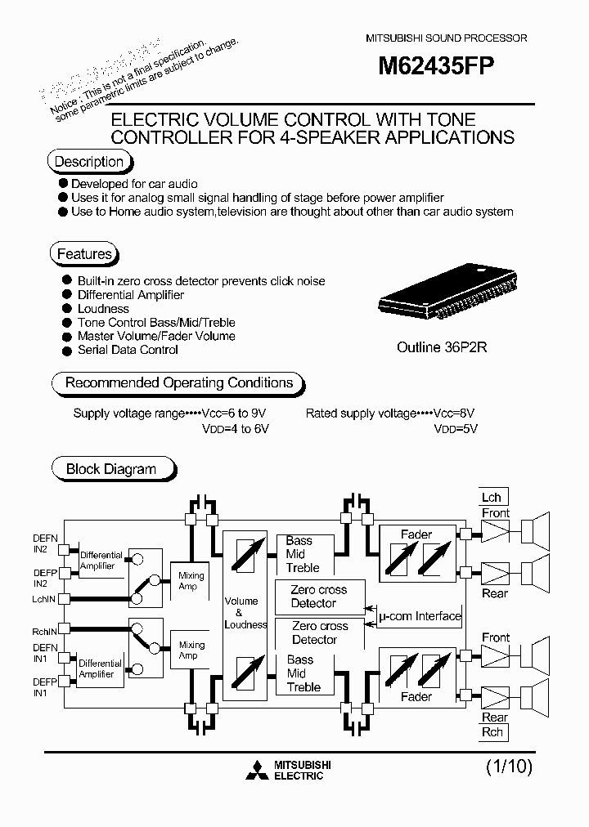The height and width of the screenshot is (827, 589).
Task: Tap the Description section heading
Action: pyautogui.click(x=88, y=162)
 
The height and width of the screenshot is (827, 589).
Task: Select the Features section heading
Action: pyautogui.click(x=83, y=254)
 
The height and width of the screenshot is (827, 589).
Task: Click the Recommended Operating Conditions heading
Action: pyautogui.click(x=178, y=382)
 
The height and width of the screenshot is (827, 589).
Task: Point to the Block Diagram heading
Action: pyautogui.click(x=110, y=469)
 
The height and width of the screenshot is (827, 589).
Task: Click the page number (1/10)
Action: pyautogui.click(x=509, y=767)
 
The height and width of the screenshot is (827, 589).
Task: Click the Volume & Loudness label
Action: pyautogui.click(x=245, y=613)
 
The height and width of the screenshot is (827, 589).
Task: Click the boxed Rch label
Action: pyautogui.click(x=493, y=732)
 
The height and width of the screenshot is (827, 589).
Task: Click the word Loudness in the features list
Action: pyautogui.click(x=103, y=309)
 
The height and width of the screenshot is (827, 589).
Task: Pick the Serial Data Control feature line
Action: pyautogui.click(x=128, y=350)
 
